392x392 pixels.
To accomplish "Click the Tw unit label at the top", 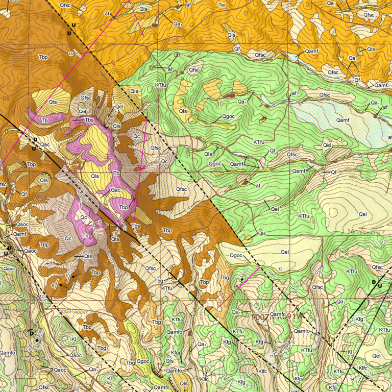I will click(x=222, y=5).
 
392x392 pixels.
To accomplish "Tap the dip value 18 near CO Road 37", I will click(x=70, y=54).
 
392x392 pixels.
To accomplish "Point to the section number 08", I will click(x=6, y=98).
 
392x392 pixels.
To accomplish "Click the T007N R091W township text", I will click(x=276, y=317).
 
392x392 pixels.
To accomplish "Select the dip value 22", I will click(x=316, y=272).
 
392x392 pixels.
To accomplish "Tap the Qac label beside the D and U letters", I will click(x=45, y=145).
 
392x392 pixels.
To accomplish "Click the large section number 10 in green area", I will click(x=220, y=104).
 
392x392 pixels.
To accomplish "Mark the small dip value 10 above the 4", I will click(x=40, y=332).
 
